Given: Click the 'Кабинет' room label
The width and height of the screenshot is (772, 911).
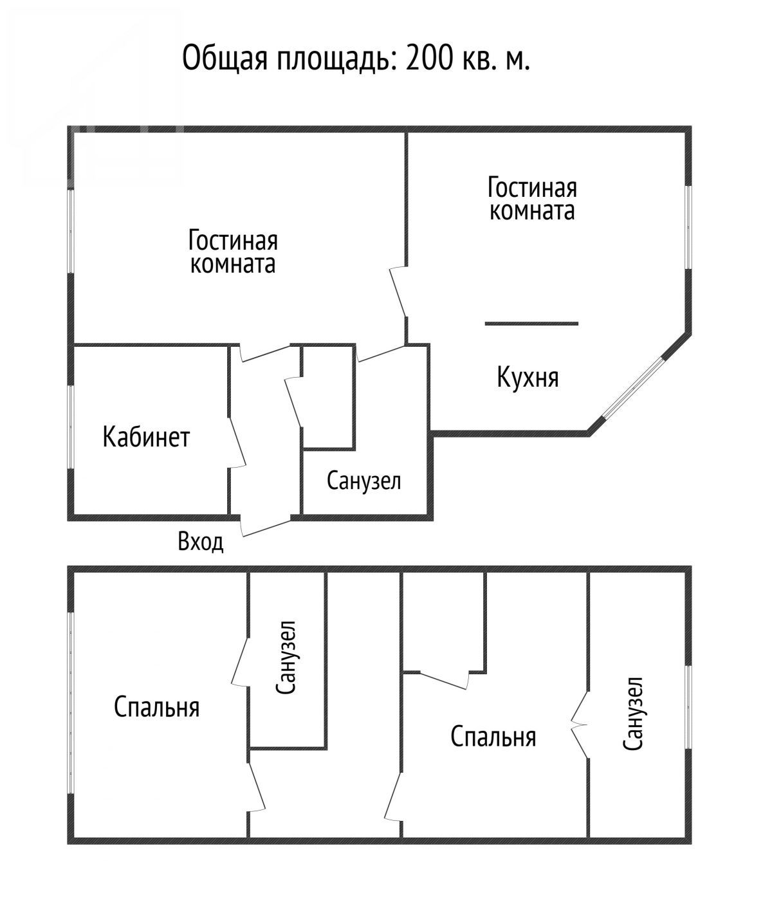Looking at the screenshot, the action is [x=146, y=437].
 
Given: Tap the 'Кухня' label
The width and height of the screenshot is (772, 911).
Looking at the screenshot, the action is [x=528, y=377].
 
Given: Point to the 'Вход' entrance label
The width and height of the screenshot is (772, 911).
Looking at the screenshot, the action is [x=201, y=542].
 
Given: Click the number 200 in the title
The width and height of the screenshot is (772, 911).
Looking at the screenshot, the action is [x=428, y=58].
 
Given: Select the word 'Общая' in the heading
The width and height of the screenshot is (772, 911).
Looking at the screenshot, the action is [x=225, y=59].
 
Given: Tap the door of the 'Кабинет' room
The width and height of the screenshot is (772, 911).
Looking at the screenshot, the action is [x=237, y=442].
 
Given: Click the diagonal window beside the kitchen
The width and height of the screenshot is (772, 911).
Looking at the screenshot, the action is [x=632, y=389].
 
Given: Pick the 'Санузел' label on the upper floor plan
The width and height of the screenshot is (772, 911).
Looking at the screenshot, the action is [x=364, y=481].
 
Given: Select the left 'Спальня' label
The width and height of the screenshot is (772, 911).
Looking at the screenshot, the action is [x=157, y=707].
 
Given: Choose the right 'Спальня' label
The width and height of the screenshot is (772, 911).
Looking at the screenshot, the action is [x=493, y=737].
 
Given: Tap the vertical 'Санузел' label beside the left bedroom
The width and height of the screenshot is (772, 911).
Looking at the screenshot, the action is [x=286, y=658].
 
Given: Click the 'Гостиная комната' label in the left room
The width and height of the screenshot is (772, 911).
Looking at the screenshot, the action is [x=233, y=252].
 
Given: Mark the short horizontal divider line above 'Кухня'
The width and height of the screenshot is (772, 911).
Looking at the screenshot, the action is [x=531, y=324].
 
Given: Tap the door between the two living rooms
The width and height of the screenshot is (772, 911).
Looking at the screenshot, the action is [x=398, y=291].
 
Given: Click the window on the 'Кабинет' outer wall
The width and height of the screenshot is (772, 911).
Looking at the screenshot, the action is [x=71, y=427].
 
